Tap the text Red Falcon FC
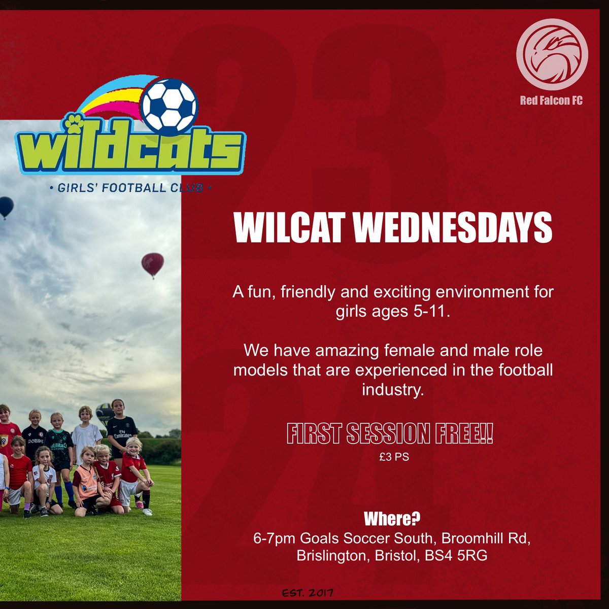click(x=551, y=100)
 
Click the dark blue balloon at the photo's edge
click(x=6, y=206)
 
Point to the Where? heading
click(x=392, y=519)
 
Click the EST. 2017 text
click(x=308, y=593)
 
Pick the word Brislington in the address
click(x=331, y=556)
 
